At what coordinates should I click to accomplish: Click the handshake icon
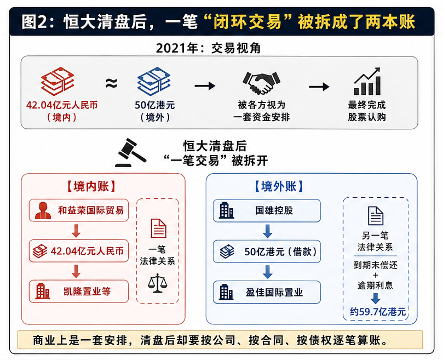click(261, 83)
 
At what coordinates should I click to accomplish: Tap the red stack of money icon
click(57, 81)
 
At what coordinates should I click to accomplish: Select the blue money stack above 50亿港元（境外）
click(154, 81)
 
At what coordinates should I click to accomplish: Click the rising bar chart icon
click(367, 81)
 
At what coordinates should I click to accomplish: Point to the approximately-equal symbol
click(111, 83)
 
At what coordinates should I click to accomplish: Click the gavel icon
click(131, 152)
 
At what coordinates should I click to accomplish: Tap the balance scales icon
click(158, 283)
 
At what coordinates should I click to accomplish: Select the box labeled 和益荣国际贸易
click(79, 210)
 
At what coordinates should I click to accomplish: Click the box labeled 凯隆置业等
click(79, 292)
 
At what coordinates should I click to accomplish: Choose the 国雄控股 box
click(267, 210)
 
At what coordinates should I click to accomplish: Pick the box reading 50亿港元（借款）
click(267, 252)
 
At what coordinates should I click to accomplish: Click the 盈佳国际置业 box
click(267, 292)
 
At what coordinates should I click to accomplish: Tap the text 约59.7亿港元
click(378, 312)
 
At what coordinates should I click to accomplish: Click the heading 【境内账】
click(91, 186)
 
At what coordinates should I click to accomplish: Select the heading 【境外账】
click(279, 186)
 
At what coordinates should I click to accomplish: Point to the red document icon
click(158, 228)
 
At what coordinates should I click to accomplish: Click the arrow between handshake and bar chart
click(319, 87)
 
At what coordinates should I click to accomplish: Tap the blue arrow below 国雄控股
click(267, 231)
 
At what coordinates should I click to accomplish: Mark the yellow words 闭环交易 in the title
click(248, 22)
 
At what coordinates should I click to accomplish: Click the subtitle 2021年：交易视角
click(208, 48)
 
